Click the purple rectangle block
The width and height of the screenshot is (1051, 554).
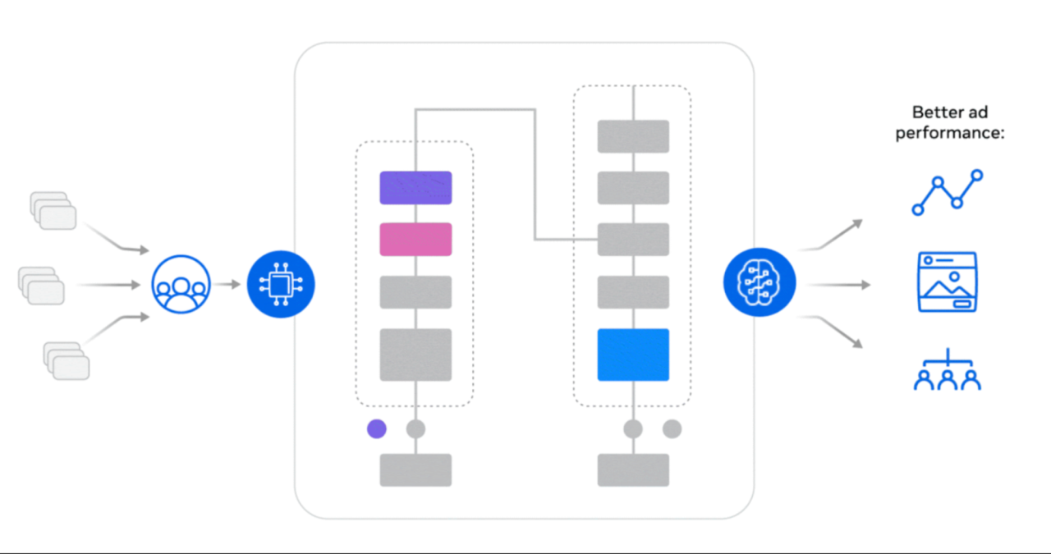pos(415,188)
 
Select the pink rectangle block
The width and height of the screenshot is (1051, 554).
pos(415,239)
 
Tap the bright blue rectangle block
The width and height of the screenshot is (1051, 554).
pos(633,355)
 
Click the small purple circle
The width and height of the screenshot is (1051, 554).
pos(377,428)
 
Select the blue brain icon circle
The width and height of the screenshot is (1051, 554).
pos(760,284)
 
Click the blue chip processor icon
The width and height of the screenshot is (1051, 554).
pos(282,284)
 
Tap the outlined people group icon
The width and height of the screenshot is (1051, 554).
pos(181,284)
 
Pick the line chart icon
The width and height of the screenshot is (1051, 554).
pos(947,193)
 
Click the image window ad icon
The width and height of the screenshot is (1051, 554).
pos(947,282)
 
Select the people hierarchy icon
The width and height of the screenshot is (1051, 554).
pos(947,370)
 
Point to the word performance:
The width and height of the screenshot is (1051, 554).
pos(950,131)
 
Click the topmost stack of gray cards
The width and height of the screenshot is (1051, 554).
pos(53,211)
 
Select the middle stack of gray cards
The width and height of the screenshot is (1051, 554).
pos(41,285)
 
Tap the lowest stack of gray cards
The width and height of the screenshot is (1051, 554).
pos(67,360)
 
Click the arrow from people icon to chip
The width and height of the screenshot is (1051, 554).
pos(229,284)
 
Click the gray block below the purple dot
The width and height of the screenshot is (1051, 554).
pos(415,469)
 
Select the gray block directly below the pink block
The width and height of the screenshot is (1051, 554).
pos(415,292)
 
